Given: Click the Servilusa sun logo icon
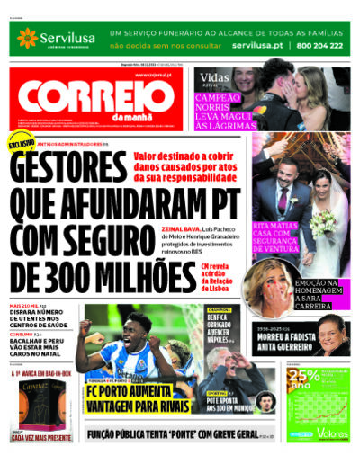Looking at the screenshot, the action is (x=27, y=37).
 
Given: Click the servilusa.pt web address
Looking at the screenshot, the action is (x=256, y=44).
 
